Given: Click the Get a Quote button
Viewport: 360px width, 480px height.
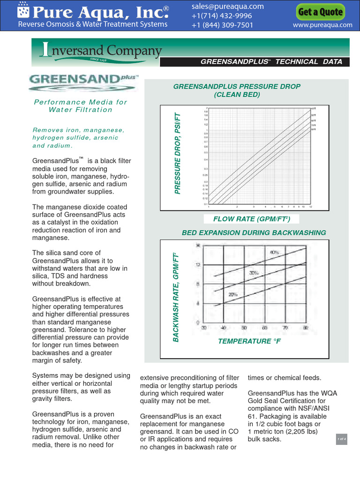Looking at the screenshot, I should [x=321, y=12].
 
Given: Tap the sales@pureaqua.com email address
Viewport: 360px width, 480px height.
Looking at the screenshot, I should [x=228, y=7].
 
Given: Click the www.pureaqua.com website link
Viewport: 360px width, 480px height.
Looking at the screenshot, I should [x=322, y=25].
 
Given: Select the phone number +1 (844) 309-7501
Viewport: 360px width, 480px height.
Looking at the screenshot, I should [x=222, y=25].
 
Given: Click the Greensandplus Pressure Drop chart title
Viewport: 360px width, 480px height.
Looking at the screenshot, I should [x=237, y=90].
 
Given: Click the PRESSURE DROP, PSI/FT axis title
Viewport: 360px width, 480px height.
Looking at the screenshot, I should [x=177, y=153].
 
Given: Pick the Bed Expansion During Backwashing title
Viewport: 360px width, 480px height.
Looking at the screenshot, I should [x=254, y=233].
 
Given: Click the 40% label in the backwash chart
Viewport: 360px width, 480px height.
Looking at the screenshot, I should [x=274, y=252].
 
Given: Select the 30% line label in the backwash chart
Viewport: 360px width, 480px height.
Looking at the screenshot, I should [x=254, y=272].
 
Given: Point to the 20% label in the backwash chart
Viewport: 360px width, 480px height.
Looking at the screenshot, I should [x=233, y=294].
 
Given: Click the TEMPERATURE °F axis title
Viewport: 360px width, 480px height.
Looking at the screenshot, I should [x=249, y=341].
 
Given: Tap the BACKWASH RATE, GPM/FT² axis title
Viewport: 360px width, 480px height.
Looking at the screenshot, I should [x=177, y=297].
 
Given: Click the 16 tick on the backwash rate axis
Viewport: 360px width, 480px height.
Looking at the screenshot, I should [x=197, y=245].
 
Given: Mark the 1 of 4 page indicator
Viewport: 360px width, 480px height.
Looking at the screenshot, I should [x=341, y=439].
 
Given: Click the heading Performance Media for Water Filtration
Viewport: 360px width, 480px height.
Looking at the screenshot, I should [x=81, y=106].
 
